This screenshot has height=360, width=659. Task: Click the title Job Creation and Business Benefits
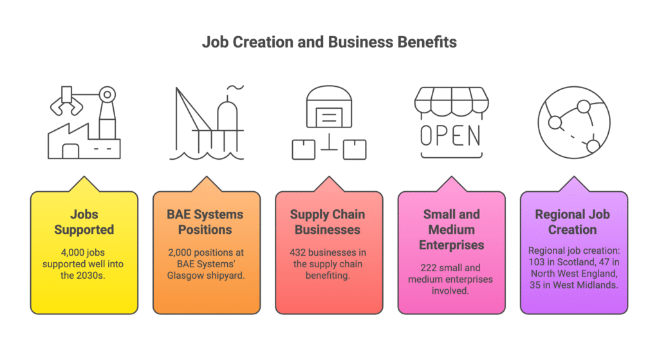pyautogui.click(x=329, y=42)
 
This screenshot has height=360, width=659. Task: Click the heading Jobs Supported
pyautogui.click(x=84, y=222)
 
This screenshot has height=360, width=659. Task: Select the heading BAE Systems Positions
pyautogui.click(x=205, y=222)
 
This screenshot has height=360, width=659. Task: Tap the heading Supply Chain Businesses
pyautogui.click(x=328, y=222)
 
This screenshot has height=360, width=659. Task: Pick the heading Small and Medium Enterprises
pyautogui.click(x=451, y=230)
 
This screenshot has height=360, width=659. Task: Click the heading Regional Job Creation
pyautogui.click(x=572, y=222)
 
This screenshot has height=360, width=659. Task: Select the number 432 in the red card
pyautogui.click(x=297, y=252)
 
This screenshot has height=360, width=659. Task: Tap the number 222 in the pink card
pyautogui.click(x=429, y=268)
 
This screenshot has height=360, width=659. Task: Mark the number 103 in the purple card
pyautogui.click(x=537, y=262)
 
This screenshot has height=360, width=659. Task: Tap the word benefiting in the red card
pyautogui.click(x=328, y=276)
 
